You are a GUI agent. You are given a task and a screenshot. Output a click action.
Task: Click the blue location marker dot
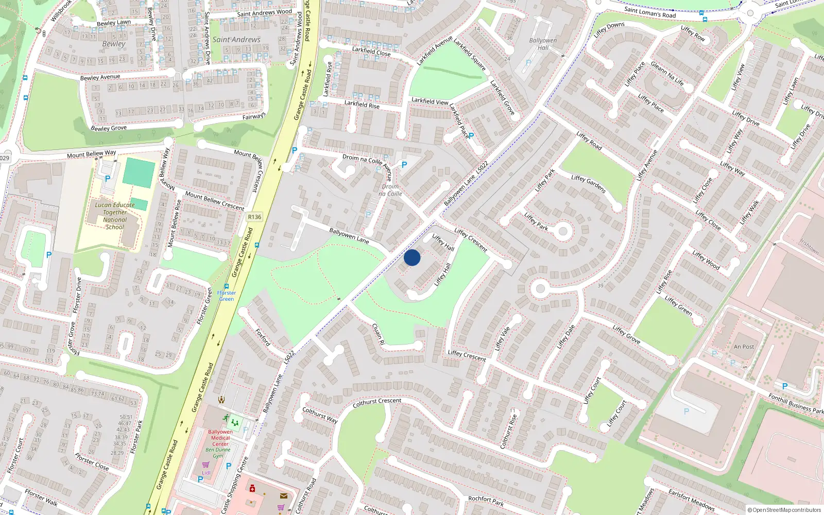[412, 257]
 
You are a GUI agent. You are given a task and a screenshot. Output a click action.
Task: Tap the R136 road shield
[254, 217]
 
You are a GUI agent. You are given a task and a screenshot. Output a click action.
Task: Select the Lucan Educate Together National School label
[115, 216]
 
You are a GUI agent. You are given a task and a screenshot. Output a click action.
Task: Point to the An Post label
[744, 347]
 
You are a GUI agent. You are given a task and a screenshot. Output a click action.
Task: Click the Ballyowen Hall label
[543, 44]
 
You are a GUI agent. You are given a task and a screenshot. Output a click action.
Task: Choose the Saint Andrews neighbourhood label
[236, 40]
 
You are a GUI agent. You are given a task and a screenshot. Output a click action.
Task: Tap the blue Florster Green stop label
[227, 296]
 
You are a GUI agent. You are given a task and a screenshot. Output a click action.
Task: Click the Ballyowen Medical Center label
[220, 438]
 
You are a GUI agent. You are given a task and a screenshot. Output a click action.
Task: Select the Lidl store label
[206, 473]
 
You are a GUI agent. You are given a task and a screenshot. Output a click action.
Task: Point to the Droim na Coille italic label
[390, 190]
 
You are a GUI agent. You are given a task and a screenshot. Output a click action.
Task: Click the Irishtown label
[809, 247]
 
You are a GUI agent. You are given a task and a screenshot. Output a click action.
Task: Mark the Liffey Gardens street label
[588, 184]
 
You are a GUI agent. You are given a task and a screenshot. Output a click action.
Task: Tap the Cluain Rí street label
[378, 334]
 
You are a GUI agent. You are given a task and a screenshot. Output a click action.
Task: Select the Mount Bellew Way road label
[91, 154]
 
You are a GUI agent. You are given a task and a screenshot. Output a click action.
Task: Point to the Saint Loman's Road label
[650, 12]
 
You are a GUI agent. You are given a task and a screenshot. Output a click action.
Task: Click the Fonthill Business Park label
[796, 403]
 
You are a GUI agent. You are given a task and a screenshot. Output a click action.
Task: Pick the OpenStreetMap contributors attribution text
[784, 510]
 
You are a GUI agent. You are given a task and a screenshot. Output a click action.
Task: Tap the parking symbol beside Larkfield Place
[471, 136]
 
